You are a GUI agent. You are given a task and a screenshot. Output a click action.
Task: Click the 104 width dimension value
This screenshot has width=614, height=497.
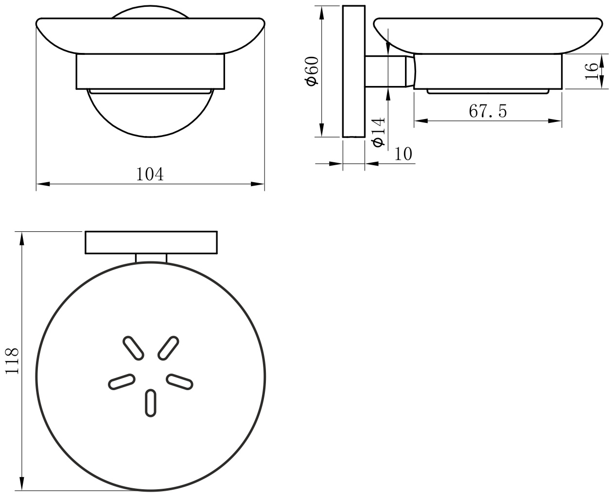click(x=150, y=174)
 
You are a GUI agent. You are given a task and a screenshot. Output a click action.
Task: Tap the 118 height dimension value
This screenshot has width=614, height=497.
click(x=12, y=361)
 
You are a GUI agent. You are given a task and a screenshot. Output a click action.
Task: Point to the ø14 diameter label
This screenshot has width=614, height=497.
click(x=379, y=132)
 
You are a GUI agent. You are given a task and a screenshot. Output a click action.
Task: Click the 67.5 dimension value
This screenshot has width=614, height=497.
click(x=488, y=111)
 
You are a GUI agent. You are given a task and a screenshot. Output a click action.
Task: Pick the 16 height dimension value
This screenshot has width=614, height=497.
click(x=591, y=71)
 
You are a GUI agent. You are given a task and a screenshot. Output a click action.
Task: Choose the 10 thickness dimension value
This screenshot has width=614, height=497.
click(x=403, y=154)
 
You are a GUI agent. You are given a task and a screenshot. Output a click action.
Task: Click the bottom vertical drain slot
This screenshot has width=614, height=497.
click(x=151, y=403)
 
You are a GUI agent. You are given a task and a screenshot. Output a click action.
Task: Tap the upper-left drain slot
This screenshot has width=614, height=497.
click(x=133, y=348)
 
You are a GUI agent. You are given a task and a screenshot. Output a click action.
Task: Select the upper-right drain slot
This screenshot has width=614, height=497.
click(x=168, y=348)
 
